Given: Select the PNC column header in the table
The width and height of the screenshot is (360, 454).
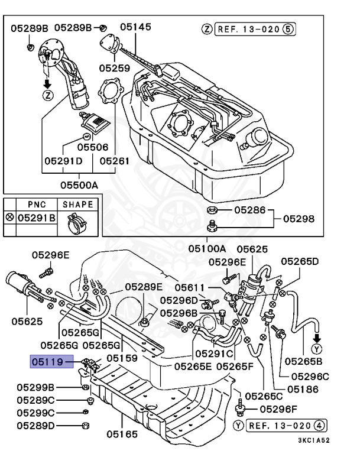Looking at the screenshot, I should coord(37,205).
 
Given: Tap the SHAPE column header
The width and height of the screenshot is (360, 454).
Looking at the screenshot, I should coord(77,205).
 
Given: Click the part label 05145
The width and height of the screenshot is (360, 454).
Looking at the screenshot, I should coord(135,27).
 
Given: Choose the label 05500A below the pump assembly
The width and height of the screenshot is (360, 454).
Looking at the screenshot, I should coord(79,184).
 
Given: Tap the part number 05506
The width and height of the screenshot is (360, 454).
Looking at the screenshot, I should coord(93,146).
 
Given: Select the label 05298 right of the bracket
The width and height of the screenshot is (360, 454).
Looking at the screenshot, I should coord(299,219).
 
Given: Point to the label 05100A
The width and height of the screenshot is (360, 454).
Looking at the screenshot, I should coord(207,249).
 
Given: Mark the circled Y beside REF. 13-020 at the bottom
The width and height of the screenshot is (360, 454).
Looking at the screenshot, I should coord(239,425).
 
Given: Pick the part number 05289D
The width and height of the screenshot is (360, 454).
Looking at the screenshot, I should coord(35,425).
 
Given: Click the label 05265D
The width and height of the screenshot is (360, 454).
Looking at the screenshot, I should coord(300,261).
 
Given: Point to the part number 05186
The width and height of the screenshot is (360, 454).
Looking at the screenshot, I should coord(303,389).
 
